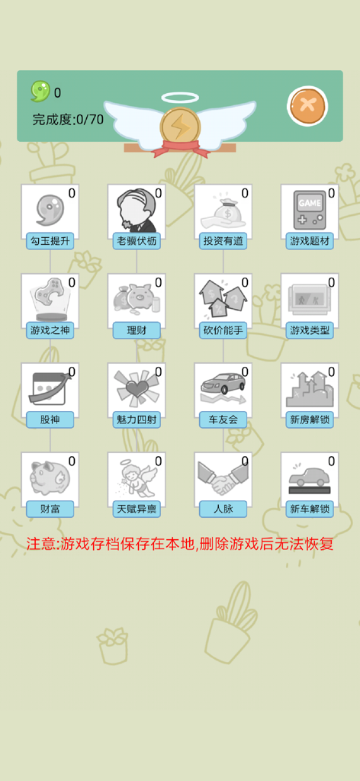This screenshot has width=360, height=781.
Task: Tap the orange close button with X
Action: pyautogui.click(x=307, y=106)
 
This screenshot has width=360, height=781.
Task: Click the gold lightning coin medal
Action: pyautogui.click(x=180, y=127)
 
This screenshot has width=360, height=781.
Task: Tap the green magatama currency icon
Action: pyautogui.click(x=40, y=92)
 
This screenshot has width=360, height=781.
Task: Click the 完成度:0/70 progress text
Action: pyautogui.click(x=68, y=119)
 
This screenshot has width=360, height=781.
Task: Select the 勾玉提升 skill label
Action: pyautogui.click(x=50, y=241)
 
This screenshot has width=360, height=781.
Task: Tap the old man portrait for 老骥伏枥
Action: pyautogui.click(x=136, y=209)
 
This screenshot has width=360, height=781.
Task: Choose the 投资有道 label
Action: pyautogui.click(x=223, y=241)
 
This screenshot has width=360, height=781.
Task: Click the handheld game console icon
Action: pyautogui.click(x=309, y=209)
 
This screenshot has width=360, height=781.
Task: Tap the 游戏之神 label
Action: pyautogui.click(x=50, y=330)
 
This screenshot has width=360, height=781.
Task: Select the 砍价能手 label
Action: pyautogui.click(x=223, y=330)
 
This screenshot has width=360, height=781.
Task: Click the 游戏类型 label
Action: pyautogui.click(x=309, y=330)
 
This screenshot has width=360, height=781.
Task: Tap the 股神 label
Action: pyautogui.click(x=50, y=419)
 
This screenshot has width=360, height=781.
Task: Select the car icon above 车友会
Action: pyautogui.click(x=223, y=386)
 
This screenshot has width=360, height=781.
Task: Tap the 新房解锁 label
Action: pyautogui.click(x=309, y=419)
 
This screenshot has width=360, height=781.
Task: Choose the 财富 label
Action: pyautogui.click(x=50, y=509)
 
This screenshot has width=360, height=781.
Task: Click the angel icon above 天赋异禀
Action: pyautogui.click(x=136, y=477)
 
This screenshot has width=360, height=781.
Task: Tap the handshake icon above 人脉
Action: pyautogui.click(x=223, y=477)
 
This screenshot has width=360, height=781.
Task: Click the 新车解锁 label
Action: pyautogui.click(x=309, y=509)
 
